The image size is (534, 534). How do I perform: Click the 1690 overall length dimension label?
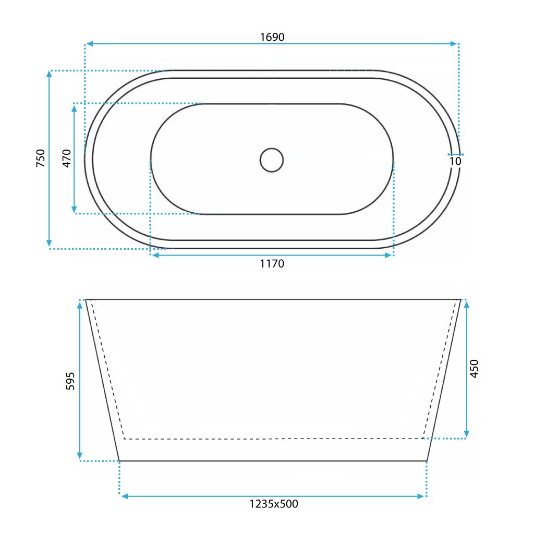point(272,37)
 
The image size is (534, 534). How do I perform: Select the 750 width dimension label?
point(41,158)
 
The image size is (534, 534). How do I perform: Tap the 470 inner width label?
point(67,158)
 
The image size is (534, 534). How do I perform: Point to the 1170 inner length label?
point(272,263)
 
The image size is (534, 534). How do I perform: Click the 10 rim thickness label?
point(455,161)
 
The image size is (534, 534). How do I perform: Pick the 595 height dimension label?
point(70,381)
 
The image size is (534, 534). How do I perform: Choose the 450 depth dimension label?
point(474,369)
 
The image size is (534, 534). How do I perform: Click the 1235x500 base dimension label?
point(274,504)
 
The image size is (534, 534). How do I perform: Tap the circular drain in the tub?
point(271,160)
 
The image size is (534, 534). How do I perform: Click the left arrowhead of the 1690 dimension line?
point(89,44)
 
